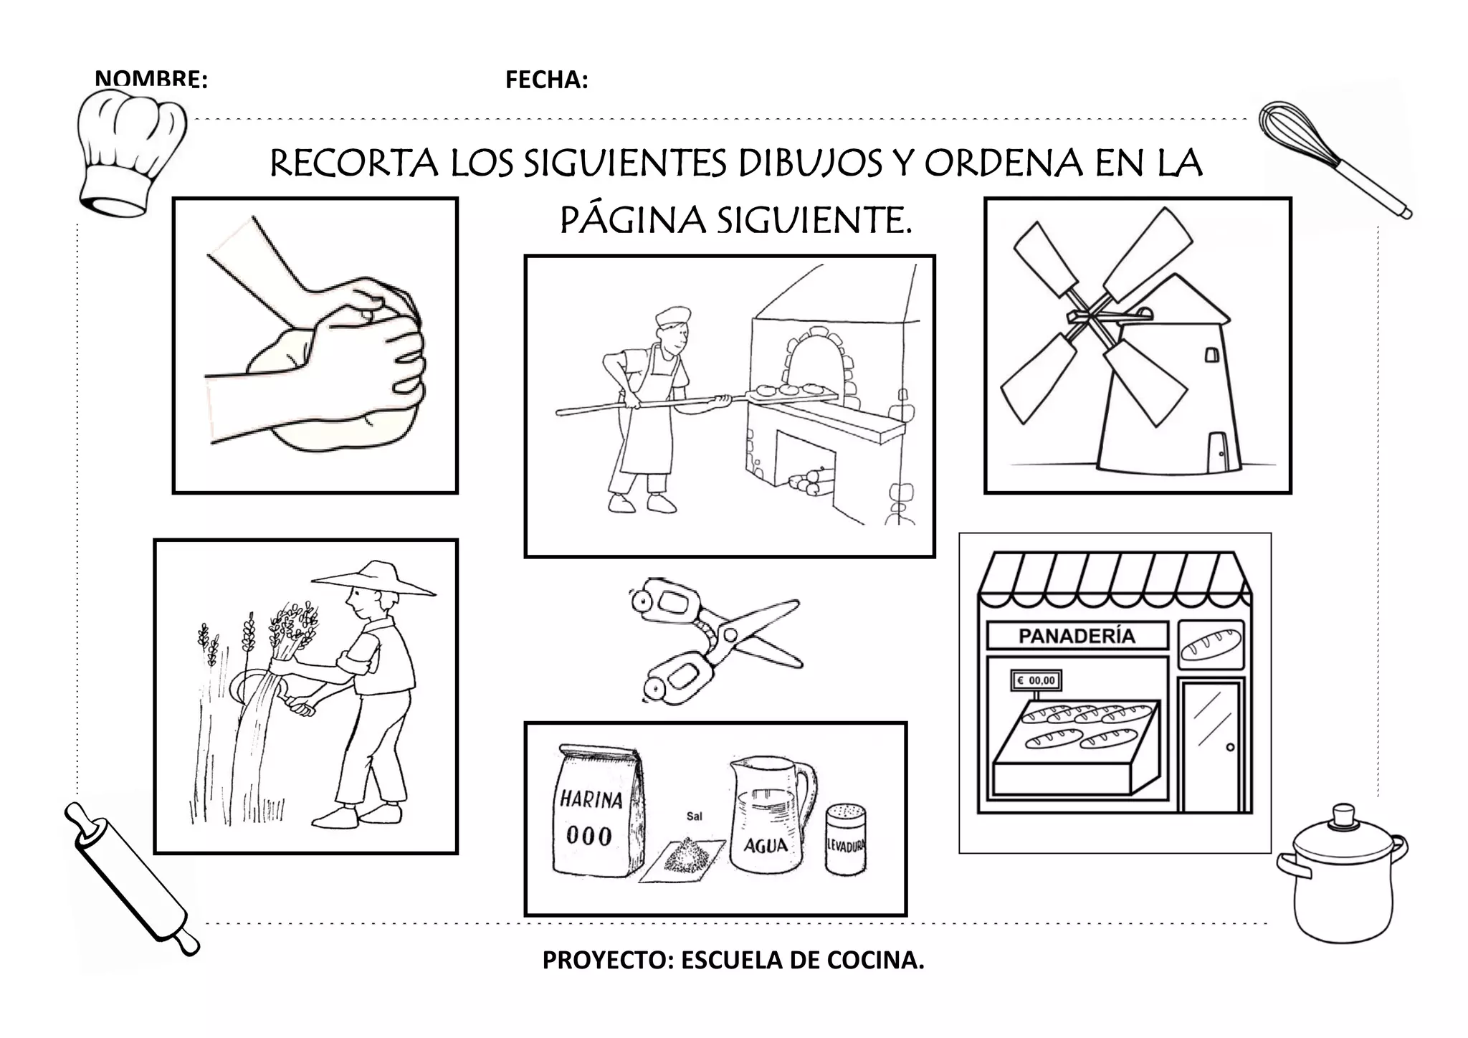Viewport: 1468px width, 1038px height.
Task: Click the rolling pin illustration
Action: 130,879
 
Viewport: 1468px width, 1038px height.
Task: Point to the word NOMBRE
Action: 151,80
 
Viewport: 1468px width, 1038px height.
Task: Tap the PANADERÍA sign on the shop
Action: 1077,636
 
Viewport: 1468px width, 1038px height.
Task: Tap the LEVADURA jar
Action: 846,839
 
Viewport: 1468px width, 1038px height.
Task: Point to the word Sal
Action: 694,816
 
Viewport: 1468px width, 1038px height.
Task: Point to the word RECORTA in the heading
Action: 354,164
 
